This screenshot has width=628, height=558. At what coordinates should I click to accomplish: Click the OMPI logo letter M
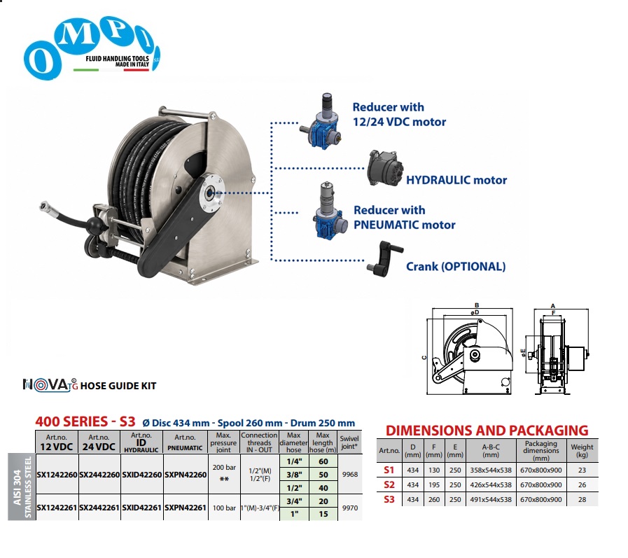click(x=77, y=35)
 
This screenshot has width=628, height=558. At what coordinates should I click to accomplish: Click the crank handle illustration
click(x=384, y=259)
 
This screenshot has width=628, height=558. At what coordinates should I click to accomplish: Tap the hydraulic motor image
click(x=385, y=168)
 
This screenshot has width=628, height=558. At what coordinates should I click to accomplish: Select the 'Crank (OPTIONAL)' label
click(x=456, y=266)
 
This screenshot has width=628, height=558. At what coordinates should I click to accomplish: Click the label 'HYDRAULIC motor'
click(x=456, y=180)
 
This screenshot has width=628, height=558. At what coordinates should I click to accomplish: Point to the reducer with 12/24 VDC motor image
click(x=321, y=121)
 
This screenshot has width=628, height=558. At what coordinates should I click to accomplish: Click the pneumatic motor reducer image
click(x=328, y=211)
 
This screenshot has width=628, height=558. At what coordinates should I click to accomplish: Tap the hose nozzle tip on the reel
click(x=44, y=207)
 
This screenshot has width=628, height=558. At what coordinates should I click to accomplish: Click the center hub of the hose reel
click(x=209, y=194)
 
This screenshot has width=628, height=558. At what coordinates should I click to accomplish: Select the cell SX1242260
click(x=57, y=475)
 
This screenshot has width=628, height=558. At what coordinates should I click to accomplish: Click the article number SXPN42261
click(x=186, y=508)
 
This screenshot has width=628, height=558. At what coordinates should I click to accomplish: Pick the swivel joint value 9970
click(x=349, y=508)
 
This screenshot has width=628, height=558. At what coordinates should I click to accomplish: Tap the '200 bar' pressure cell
click(x=224, y=468)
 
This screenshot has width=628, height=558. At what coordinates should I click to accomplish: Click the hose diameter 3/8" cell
click(x=294, y=475)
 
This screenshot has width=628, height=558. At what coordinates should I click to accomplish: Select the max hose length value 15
click(x=323, y=514)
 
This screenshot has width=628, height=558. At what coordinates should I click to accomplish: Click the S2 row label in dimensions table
click(x=389, y=484)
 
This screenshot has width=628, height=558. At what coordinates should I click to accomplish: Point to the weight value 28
click(x=582, y=499)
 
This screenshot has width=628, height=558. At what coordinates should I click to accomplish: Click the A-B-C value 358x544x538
click(x=491, y=470)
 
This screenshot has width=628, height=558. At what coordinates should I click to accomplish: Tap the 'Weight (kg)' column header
click(x=582, y=451)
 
